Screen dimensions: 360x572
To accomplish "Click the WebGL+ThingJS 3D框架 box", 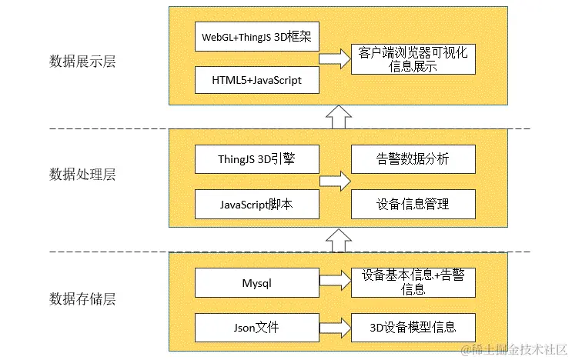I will point(256,37).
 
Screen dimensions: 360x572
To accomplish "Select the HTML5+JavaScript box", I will point(256,80).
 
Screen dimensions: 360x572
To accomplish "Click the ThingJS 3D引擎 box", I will point(256,160).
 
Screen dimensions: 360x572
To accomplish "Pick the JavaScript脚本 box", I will point(256,204).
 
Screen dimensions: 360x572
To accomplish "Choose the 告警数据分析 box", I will point(413,160).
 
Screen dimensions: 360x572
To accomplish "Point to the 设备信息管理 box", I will point(413,204).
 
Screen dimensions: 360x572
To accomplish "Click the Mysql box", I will point(256,282).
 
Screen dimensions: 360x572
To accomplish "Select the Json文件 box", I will point(256,328).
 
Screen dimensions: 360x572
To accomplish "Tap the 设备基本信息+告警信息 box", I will point(413,282).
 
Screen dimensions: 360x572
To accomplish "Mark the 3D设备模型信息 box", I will point(413,328).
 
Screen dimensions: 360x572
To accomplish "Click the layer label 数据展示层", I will point(82,62).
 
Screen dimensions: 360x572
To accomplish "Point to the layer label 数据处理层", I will point(82,175).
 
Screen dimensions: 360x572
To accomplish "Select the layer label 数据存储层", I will point(82,298).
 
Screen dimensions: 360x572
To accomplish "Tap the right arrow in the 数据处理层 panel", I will point(335,182).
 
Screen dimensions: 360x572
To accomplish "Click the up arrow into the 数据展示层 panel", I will point(337,117).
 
